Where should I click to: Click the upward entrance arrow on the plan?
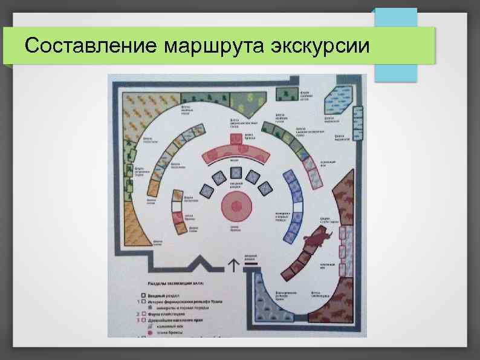(233, 263)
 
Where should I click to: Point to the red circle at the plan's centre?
(236, 207)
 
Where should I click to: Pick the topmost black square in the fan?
(236, 173)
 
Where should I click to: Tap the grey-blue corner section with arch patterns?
(266, 309)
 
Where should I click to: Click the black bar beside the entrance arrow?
(250, 264)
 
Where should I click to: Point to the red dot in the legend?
(149, 333)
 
